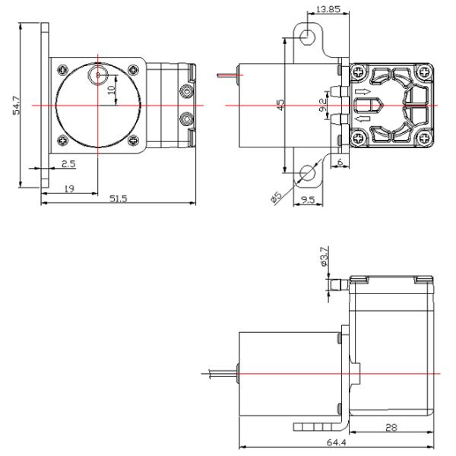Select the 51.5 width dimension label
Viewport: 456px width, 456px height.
118,198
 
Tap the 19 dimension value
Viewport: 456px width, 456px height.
69,189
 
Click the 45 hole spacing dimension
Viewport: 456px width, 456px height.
281,105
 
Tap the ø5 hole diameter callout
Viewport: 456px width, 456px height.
277,196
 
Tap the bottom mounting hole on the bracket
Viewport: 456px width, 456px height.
308,174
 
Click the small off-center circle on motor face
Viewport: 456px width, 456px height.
97,74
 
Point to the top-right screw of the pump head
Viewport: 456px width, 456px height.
423,73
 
